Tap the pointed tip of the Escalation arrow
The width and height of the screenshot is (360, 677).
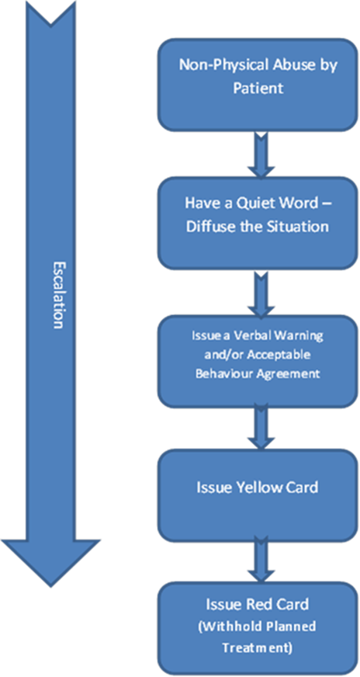click(51, 587)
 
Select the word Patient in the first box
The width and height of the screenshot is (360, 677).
click(258, 88)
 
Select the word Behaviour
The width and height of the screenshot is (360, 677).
click(217, 374)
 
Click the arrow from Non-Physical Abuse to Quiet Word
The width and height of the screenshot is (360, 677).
click(261, 154)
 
